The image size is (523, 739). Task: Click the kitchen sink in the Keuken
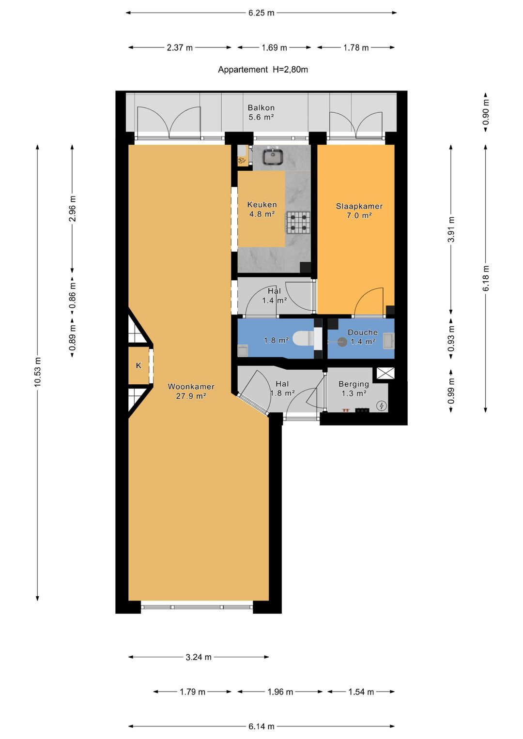pos(273,156)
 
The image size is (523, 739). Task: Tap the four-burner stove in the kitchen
pos(298,223)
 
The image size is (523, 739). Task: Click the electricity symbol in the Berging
pos(382,406)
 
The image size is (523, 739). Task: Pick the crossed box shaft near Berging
pos(385,374)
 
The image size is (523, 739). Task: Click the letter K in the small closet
pos(138,365)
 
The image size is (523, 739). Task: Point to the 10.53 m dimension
pos(37,372)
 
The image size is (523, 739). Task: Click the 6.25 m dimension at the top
pos(261,13)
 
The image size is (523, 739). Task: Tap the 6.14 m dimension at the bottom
pos(261,726)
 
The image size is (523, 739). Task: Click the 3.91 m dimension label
pos(451,229)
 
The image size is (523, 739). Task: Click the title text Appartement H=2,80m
pos(263,70)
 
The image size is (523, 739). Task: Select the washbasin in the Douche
pos(388,341)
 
